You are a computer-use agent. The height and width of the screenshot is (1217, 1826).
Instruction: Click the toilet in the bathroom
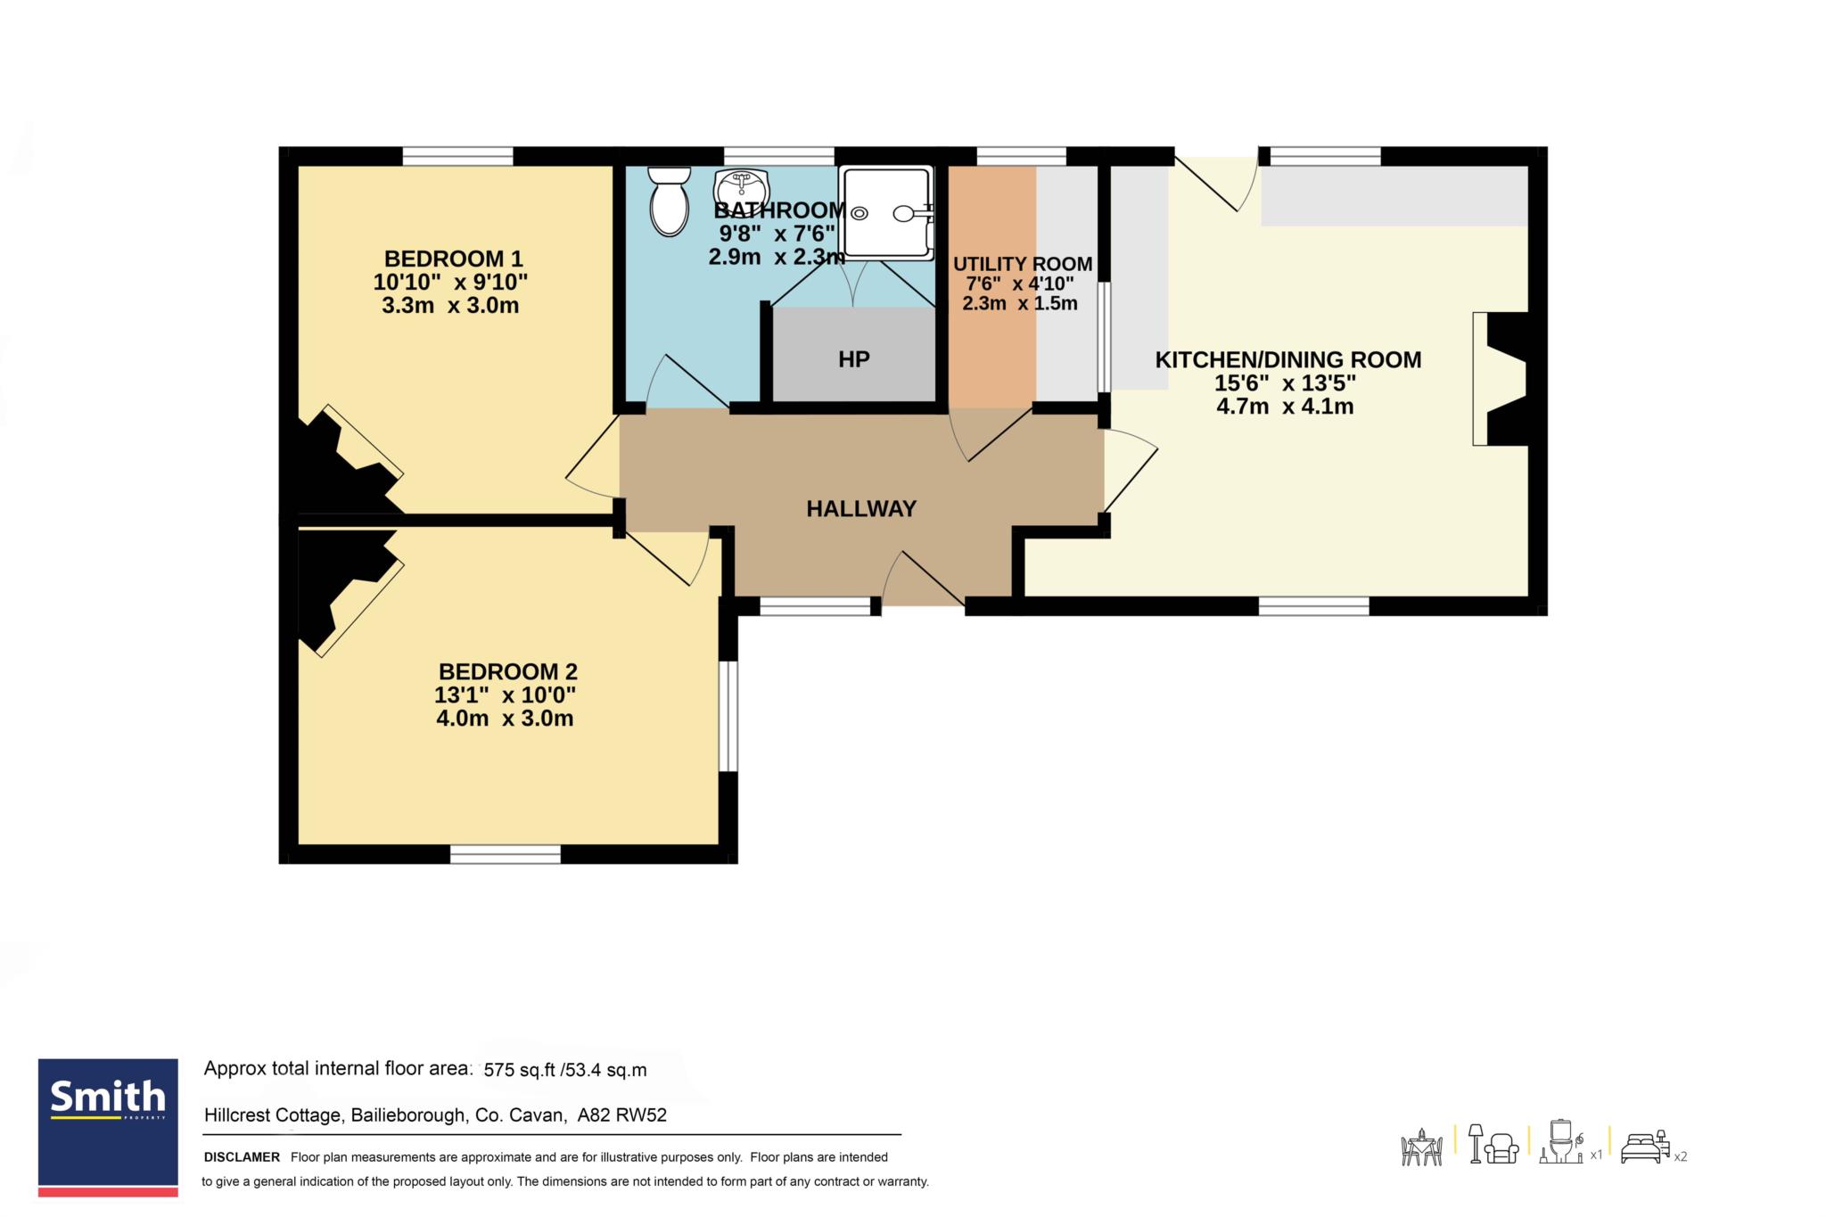(670, 202)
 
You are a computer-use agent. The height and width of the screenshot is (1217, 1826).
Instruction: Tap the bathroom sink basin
(741, 188)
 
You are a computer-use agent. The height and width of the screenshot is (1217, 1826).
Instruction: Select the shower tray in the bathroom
(886, 212)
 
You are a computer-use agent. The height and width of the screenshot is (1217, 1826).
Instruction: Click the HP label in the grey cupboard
(853, 359)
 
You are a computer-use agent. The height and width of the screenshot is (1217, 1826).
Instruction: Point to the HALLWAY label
(861, 509)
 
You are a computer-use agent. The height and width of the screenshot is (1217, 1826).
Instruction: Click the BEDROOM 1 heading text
(453, 259)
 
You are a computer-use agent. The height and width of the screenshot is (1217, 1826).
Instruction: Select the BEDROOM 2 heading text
(507, 671)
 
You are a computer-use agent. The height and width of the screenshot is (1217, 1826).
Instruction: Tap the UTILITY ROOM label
(1023, 264)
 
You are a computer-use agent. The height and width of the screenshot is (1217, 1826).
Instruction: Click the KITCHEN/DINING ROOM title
(1288, 360)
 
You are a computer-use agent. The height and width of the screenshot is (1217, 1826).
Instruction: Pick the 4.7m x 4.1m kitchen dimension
(1285, 407)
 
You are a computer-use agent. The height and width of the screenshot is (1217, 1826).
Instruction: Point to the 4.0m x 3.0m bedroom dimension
(505, 719)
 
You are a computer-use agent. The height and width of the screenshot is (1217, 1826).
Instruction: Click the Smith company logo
(108, 1128)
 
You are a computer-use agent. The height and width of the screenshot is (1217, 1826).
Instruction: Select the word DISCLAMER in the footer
(242, 1157)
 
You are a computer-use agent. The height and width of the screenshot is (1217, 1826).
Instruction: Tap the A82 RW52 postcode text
(622, 1115)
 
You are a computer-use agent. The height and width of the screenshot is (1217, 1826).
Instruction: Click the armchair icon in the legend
(1504, 1148)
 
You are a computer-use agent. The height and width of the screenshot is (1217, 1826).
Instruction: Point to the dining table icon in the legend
(1422, 1147)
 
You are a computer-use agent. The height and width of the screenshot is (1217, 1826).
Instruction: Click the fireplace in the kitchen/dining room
(1501, 378)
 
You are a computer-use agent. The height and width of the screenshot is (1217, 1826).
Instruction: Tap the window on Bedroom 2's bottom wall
(506, 854)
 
